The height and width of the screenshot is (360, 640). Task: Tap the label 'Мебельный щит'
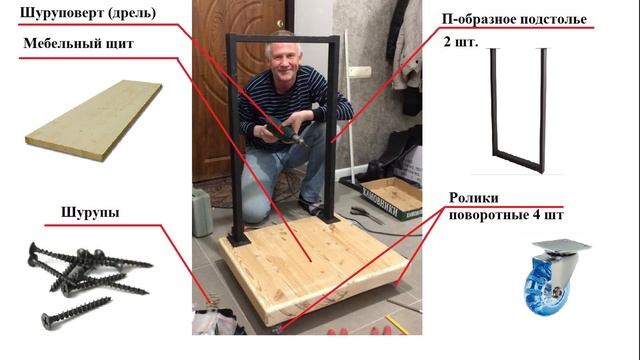tap(75, 43)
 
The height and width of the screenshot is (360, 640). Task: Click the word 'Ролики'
tap(474, 198)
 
